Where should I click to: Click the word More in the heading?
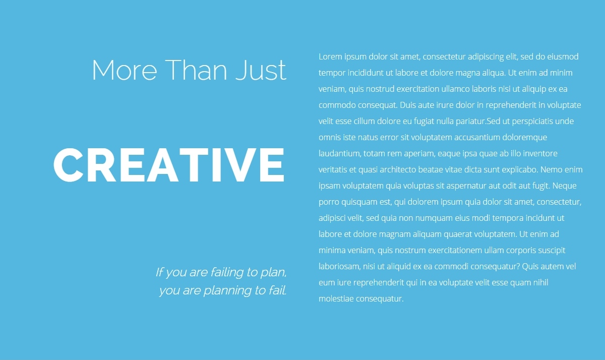[x=125, y=70]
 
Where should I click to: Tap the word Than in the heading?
[x=196, y=70]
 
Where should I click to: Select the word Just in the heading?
[x=261, y=70]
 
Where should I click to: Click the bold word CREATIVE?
[x=169, y=165]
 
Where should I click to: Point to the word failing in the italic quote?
[x=226, y=272]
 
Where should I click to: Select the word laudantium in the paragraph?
[x=340, y=154]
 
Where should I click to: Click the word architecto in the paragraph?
[x=398, y=169]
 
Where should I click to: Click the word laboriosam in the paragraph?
[x=339, y=267]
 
